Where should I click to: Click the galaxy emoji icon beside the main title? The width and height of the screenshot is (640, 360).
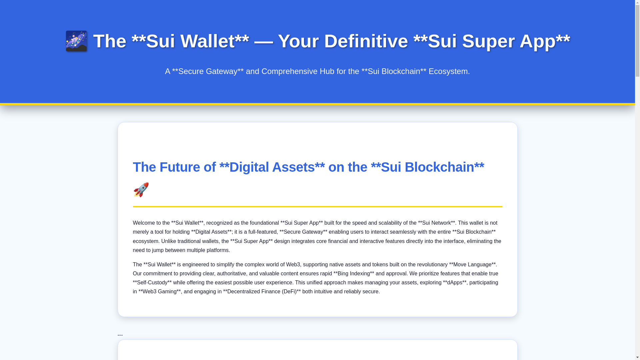tap(76, 41)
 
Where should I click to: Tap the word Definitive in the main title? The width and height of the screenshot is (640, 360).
tap(366, 41)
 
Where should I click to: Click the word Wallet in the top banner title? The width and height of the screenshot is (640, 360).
tap(207, 41)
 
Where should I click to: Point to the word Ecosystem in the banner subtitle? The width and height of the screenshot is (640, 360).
tap(448, 71)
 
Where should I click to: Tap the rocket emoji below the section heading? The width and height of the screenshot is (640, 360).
tap(141, 190)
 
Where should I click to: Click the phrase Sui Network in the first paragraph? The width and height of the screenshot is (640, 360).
tap(436, 223)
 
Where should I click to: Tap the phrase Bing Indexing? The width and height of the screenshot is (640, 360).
tap(354, 274)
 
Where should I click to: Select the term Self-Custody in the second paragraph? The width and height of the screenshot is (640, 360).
tap(152, 283)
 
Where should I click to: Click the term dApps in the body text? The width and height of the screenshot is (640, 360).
tap(455, 283)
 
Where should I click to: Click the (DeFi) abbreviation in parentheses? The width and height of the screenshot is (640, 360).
tap(289, 292)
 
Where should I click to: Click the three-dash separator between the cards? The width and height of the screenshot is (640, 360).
tap(120, 335)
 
